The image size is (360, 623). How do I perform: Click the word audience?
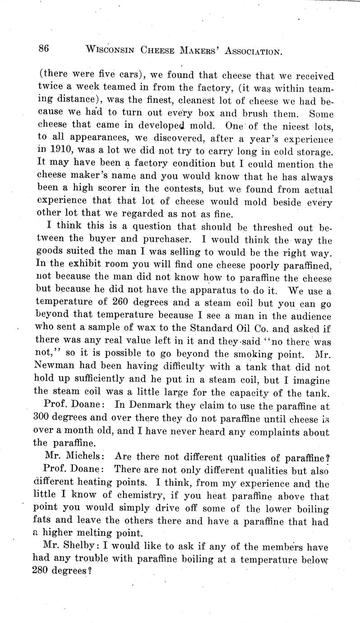(306, 316)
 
